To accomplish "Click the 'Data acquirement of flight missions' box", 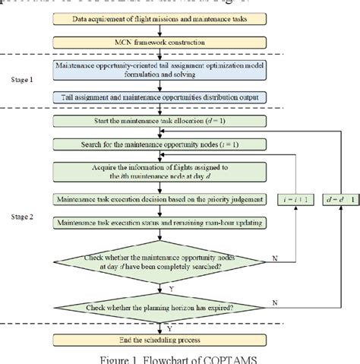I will [159, 17].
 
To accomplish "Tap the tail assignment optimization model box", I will [159, 72].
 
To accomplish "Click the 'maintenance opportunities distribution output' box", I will [159, 97].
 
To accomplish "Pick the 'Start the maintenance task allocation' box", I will [159, 122].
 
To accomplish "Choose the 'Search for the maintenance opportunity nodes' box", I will [159, 144].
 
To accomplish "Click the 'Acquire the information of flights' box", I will [159, 172].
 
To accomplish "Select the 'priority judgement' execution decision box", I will [159, 199].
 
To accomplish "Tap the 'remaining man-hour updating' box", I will [159, 222].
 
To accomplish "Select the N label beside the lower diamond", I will [275, 303].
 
